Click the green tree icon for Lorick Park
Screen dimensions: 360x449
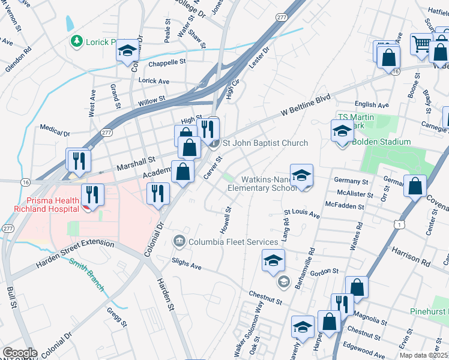click(76, 41)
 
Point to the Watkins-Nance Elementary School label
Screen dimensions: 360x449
click(262, 184)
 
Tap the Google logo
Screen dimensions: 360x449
click(19, 353)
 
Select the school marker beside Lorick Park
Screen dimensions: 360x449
click(127, 52)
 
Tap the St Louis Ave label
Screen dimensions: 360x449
click(302, 212)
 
